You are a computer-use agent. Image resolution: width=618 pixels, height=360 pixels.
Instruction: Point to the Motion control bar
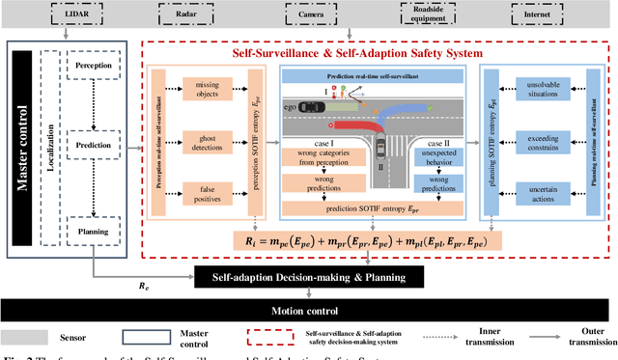click(310, 311)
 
